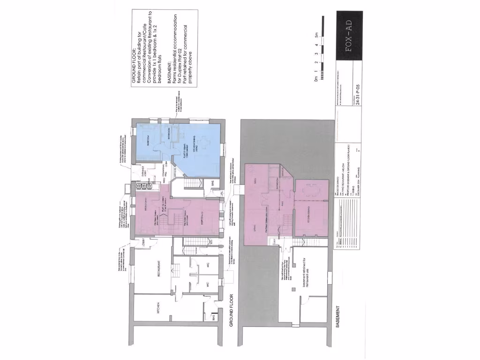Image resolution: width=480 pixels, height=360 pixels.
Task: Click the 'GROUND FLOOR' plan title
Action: pyautogui.click(x=231, y=311)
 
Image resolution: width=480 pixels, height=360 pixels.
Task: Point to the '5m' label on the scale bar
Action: pyautogui.click(x=318, y=35)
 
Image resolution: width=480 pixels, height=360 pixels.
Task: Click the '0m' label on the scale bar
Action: pyautogui.click(x=317, y=80)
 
